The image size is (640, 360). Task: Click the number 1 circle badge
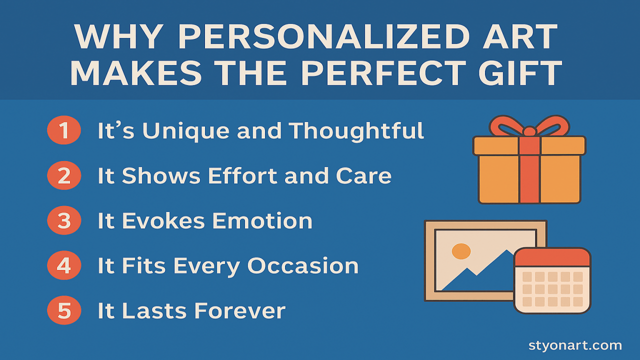tap(64, 130)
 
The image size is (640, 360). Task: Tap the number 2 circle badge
tap(64, 175)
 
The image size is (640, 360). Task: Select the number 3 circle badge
tap(64, 220)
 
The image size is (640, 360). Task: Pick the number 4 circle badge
tap(64, 265)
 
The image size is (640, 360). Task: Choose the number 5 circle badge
tap(64, 310)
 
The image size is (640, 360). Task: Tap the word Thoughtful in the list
tap(356, 131)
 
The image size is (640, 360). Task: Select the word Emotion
tap(262, 221)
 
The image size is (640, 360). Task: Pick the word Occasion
tap(303, 266)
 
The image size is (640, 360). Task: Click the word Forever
tap(239, 311)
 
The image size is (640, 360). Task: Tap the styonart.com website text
tap(575, 345)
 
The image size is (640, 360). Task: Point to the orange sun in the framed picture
tap(461, 251)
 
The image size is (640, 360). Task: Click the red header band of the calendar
tap(552, 257)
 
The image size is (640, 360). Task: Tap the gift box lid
tap(529, 145)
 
